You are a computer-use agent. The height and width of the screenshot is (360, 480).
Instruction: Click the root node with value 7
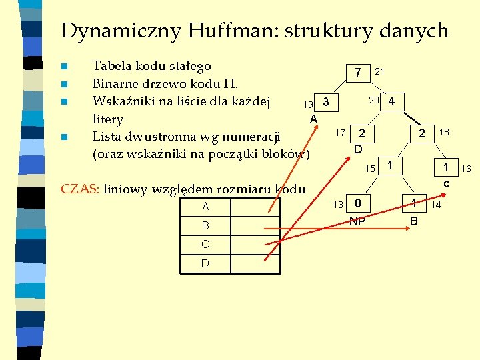click(358, 72)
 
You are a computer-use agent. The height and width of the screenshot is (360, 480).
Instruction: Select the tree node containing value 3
click(325, 103)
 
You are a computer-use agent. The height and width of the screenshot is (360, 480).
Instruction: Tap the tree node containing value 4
click(392, 102)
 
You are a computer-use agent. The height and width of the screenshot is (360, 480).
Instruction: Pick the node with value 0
click(358, 203)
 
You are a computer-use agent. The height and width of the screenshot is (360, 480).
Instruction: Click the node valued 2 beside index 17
click(361, 133)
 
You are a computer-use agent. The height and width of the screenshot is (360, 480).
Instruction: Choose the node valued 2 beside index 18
click(421, 133)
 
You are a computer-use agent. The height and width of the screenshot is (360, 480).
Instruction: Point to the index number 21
click(380, 71)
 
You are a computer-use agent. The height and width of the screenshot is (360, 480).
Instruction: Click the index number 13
click(339, 204)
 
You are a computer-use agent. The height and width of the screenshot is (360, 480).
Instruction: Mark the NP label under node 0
click(358, 221)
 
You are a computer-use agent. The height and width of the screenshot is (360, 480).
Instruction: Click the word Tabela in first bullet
click(111, 66)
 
